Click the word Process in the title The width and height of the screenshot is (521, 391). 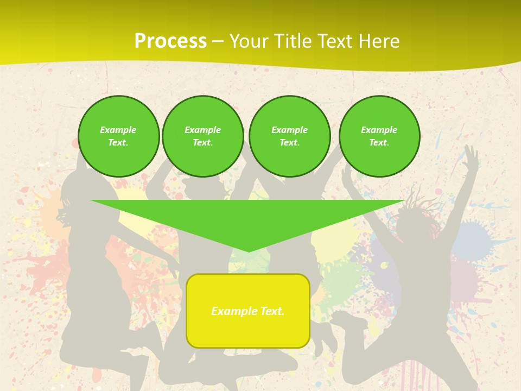(170, 41)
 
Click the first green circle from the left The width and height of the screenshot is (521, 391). (118, 136)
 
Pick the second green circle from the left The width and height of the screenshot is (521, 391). (203, 136)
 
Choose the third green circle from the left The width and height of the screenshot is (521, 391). (290, 136)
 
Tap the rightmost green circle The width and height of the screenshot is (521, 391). (379, 136)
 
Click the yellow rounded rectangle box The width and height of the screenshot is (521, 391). (248, 311)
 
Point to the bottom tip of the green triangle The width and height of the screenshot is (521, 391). (249, 251)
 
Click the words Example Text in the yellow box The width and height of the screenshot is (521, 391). (248, 311)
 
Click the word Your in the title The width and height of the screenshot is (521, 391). (248, 41)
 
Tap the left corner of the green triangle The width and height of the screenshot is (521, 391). (92, 201)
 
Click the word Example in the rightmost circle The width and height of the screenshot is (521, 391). (379, 130)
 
